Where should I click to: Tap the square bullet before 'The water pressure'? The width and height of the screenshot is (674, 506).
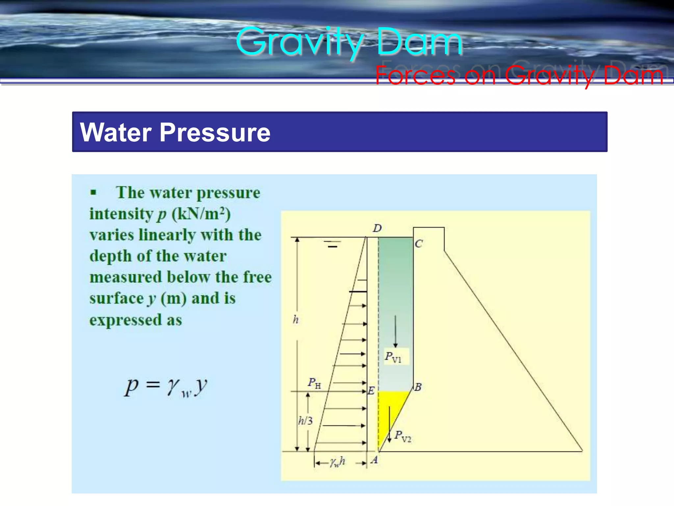[x=93, y=192]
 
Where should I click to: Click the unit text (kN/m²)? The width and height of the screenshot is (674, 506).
[x=201, y=214]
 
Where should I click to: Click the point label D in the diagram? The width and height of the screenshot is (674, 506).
[x=377, y=228]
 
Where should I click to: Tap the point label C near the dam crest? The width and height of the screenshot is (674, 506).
[x=418, y=244]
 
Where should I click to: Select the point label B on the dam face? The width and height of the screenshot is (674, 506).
[x=418, y=387]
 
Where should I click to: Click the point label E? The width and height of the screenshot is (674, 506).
[x=371, y=391]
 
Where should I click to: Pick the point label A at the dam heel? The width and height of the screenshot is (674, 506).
[x=374, y=460]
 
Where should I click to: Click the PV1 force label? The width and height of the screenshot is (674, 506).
[x=394, y=357]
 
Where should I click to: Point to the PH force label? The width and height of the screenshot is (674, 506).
[x=314, y=383]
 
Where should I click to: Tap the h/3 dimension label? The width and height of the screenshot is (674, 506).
[x=305, y=421]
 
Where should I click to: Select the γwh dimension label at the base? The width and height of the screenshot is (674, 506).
[x=338, y=462]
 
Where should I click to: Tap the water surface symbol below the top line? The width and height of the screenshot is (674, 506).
[x=332, y=244]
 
